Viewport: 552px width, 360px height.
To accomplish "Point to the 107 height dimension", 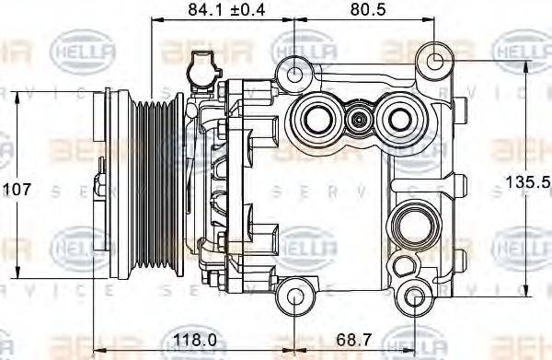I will click(x=17, y=190).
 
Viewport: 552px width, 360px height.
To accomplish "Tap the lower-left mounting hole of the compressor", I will click(x=293, y=296).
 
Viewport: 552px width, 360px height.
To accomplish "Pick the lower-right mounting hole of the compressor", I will click(x=415, y=297).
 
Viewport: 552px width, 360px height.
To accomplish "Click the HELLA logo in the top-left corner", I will click(x=81, y=44).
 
